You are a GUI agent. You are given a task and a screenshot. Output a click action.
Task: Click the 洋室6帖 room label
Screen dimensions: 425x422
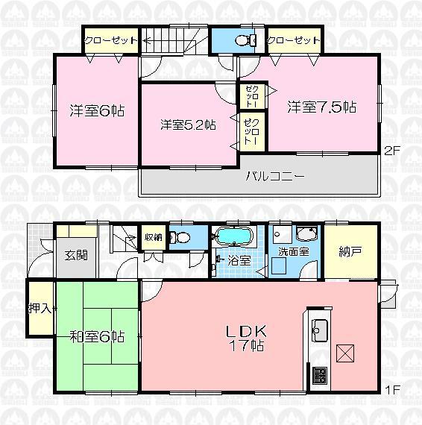click(97, 110)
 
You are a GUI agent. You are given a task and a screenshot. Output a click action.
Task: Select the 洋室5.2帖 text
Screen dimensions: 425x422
click(187, 125)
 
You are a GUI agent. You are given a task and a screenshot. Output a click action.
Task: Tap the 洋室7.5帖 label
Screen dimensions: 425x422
click(322, 107)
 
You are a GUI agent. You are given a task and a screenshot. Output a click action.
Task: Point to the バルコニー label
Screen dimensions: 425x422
click(275, 177)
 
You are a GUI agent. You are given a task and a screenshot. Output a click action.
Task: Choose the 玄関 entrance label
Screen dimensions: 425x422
click(75, 255)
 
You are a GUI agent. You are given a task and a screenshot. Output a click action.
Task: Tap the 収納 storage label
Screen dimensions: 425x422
click(153, 238)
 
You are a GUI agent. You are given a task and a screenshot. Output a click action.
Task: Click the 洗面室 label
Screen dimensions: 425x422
click(294, 252)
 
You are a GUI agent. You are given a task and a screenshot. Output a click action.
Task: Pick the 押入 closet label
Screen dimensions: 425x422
click(40, 309)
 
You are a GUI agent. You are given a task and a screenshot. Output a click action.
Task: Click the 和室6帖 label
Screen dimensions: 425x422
click(97, 336)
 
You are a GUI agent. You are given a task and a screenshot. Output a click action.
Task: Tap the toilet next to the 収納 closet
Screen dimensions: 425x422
click(174, 239)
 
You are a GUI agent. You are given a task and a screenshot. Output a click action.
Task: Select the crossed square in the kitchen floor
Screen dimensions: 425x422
click(346, 353)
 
